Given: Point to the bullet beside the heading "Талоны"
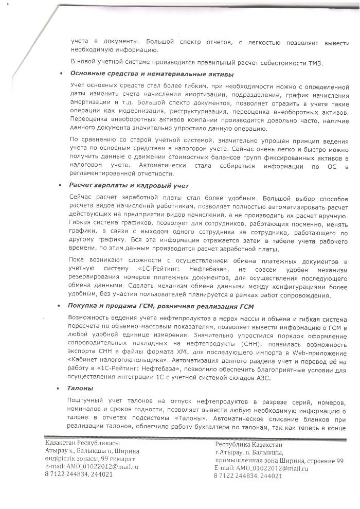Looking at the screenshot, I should [x=62, y=388].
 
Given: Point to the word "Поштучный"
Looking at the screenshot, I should [x=87, y=400].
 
